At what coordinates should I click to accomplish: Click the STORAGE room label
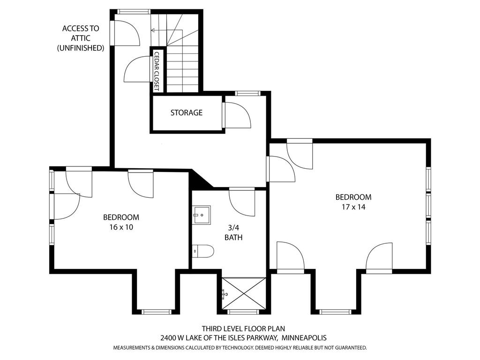(187, 112)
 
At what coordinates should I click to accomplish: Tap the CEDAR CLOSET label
(157, 71)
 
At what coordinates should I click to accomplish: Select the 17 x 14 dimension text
(353, 207)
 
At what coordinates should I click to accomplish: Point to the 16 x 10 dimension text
(121, 227)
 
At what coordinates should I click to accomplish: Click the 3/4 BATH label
(233, 232)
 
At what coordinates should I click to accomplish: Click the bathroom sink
(202, 215)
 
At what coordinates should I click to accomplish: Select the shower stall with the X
(244, 293)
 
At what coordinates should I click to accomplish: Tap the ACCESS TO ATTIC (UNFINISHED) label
(81, 38)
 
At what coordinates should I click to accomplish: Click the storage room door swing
(238, 115)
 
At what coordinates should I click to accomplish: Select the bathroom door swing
(242, 202)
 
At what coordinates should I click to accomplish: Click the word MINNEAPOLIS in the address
(304, 338)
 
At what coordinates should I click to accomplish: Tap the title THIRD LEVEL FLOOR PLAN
(243, 329)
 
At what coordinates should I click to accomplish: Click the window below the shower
(244, 312)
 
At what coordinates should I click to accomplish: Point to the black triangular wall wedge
(200, 179)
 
